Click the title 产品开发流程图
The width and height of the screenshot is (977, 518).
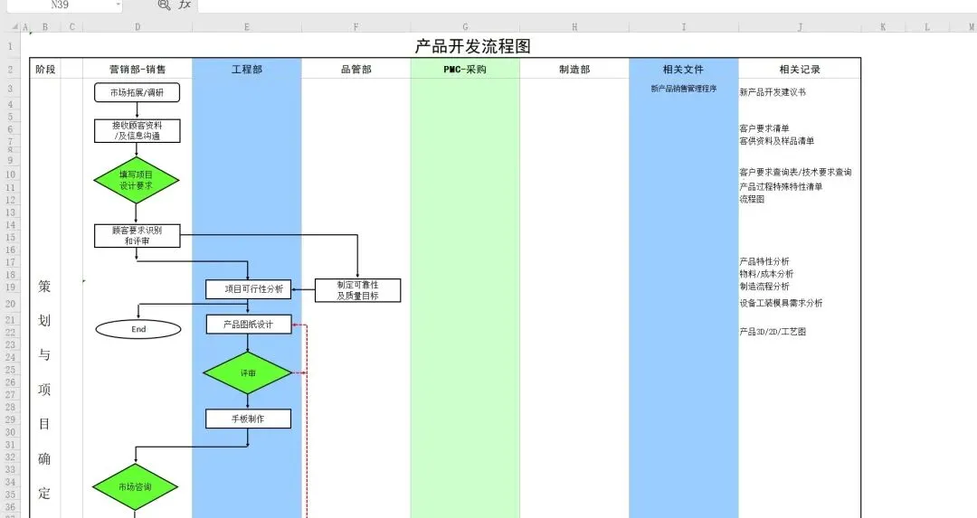coord(479,46)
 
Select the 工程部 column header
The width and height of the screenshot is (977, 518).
coord(246,69)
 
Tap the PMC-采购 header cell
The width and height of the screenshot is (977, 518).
coord(465,69)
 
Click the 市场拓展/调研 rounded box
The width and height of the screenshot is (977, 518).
coord(138,92)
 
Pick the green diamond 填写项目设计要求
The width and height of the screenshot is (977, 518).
coord(137,180)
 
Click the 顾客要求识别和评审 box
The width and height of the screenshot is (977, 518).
coord(137,236)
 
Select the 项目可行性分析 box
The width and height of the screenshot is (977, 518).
coord(248,289)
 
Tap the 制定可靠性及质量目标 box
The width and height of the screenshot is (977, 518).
coord(357,290)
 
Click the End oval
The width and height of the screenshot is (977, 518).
coord(138,329)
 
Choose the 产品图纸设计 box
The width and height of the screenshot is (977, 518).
coord(248,324)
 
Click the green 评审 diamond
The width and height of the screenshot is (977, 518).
coord(248,372)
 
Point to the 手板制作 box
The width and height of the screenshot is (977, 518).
coord(248,419)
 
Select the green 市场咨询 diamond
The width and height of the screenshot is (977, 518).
coord(136,487)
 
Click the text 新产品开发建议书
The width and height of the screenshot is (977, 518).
coord(773,92)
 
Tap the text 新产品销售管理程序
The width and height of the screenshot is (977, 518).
coord(683,89)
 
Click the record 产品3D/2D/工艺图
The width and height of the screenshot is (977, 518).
coord(772,332)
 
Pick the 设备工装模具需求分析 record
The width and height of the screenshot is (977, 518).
coord(781,303)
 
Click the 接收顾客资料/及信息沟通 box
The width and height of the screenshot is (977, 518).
coord(138,131)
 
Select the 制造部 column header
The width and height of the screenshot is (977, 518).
coord(574,69)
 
